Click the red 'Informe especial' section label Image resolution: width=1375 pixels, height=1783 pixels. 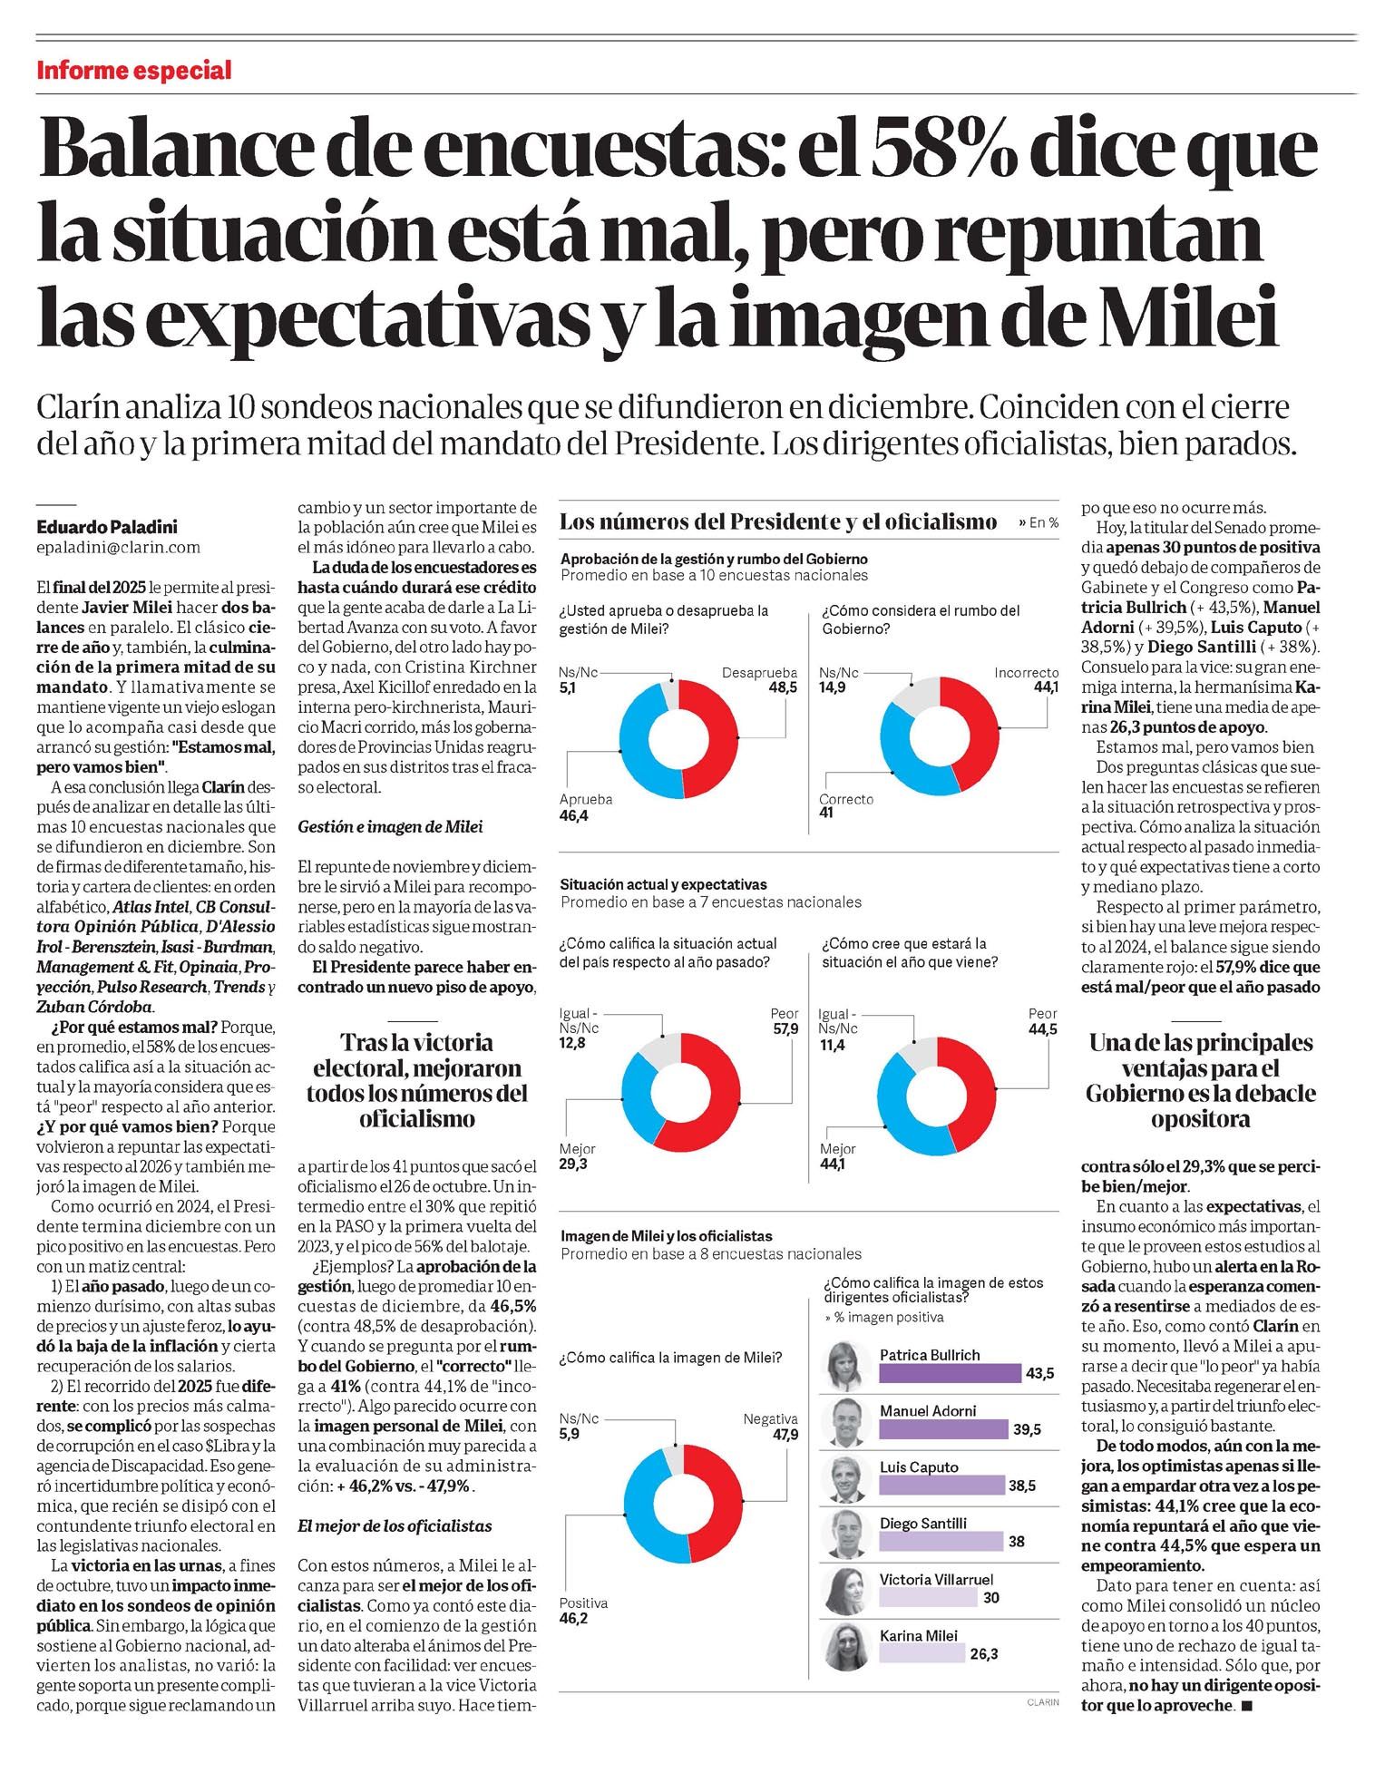[134, 71]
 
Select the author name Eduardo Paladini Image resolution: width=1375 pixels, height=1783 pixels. [107, 526]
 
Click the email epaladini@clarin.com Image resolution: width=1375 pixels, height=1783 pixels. [119, 547]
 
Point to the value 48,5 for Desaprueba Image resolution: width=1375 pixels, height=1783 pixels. [782, 687]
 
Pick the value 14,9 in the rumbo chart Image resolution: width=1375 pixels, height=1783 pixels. [833, 687]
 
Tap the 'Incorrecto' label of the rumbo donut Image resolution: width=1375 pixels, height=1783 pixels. [1026, 672]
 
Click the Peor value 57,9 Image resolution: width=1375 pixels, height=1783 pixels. [784, 1028]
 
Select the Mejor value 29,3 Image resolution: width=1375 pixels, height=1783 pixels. [574, 1164]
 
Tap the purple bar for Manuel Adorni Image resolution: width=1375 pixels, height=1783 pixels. [943, 1429]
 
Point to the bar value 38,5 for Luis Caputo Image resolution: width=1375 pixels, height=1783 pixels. [1021, 1486]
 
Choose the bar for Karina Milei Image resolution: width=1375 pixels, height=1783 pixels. [922, 1654]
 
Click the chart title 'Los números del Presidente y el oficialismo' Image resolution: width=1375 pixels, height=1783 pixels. [778, 521]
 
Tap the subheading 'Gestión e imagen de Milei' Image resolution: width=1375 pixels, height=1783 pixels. [391, 826]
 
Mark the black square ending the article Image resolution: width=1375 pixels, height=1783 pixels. [1245, 1706]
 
